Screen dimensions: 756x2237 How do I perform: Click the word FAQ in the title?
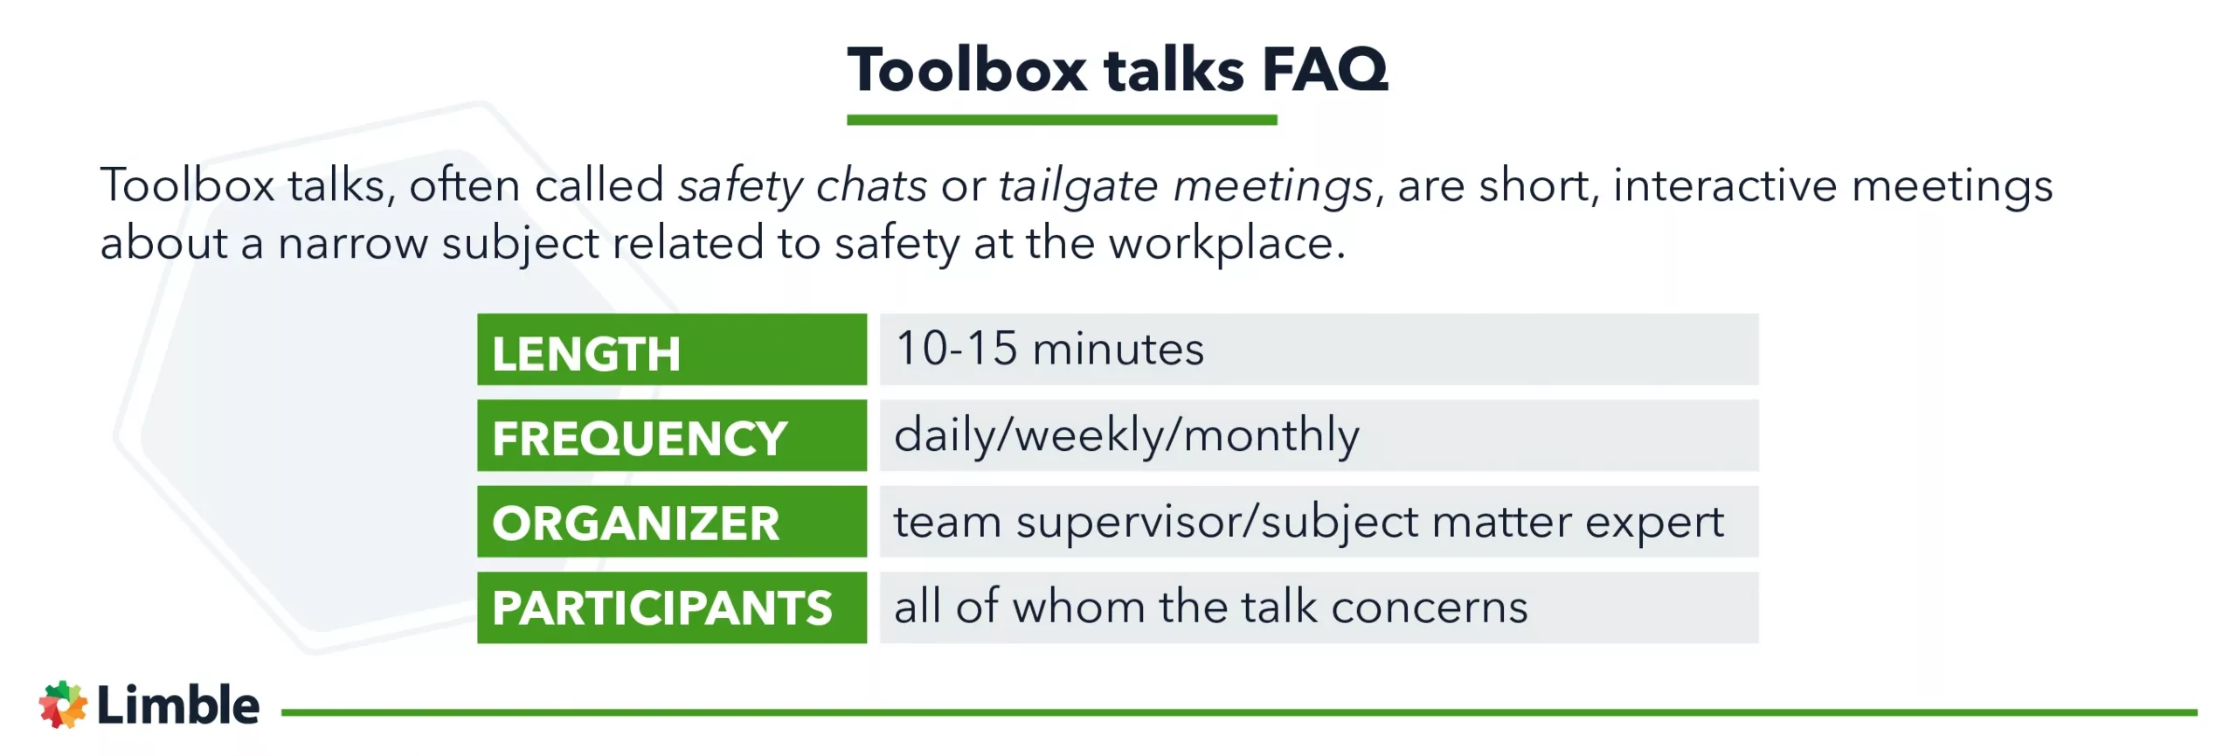click(1325, 70)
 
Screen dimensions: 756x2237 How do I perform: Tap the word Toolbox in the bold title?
click(967, 70)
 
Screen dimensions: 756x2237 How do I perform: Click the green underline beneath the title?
click(1062, 120)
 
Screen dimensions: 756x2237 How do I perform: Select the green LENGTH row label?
click(671, 350)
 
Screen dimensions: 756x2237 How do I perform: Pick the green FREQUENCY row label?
click(671, 435)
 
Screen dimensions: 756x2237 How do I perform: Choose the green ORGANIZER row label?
click(671, 522)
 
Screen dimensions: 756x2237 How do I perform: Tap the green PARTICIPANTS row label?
click(671, 607)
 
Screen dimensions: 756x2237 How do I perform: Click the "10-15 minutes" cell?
click(1318, 350)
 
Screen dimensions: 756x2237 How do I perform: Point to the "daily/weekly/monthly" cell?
click(1318, 435)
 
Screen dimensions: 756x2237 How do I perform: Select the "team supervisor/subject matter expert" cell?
click(1318, 522)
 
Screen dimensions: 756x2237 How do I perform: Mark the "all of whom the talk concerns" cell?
click(1318, 607)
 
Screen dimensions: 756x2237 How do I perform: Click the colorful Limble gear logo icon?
click(63, 704)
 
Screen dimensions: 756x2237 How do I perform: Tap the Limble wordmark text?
click(178, 704)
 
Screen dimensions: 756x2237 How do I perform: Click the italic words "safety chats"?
click(802, 186)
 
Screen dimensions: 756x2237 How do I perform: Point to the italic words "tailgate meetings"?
click(1186, 186)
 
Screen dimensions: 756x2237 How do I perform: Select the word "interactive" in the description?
click(1725, 186)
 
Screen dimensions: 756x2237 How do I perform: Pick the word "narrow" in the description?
click(352, 244)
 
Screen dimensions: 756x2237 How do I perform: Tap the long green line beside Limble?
click(1237, 712)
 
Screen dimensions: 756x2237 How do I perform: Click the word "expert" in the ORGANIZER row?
click(1654, 524)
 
